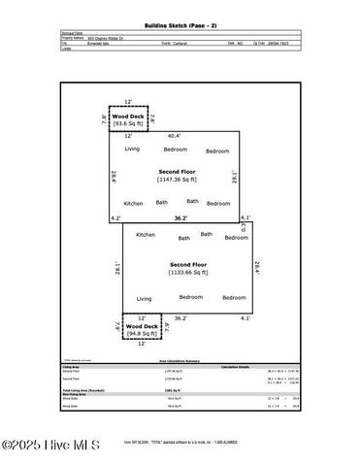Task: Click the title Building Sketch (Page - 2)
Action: (x=180, y=20)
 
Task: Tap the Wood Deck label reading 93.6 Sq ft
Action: (x=129, y=124)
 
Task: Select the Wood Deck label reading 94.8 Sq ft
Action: (x=128, y=331)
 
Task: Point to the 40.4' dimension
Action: (x=175, y=137)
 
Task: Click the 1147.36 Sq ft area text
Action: (x=178, y=180)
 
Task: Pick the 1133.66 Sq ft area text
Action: (x=188, y=273)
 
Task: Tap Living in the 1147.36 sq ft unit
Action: (x=132, y=149)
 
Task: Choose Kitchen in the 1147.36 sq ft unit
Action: (x=134, y=203)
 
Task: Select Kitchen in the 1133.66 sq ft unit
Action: (x=146, y=235)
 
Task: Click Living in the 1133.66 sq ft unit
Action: (x=144, y=298)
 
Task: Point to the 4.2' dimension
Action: (x=115, y=218)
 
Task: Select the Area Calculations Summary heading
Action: (x=179, y=358)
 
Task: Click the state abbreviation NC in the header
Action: (x=244, y=44)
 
